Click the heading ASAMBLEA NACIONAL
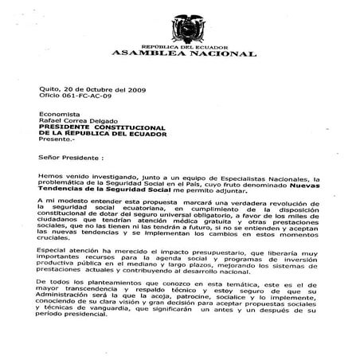200,54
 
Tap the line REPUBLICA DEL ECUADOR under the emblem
200,47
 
